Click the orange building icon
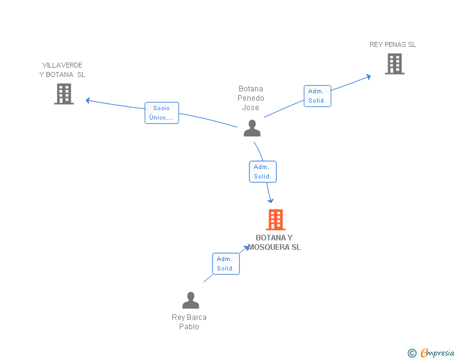[276, 220]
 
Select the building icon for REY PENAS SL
[395, 64]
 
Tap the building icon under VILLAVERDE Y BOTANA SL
[64, 94]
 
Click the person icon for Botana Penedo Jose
[252, 128]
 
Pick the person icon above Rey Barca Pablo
[191, 300]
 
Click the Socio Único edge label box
[162, 113]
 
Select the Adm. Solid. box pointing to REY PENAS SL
[318, 96]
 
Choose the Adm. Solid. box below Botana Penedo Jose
[263, 172]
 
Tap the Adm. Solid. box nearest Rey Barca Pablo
[226, 264]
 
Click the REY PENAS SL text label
[393, 44]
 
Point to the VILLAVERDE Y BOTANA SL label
[62, 69]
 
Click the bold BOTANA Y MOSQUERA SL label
[274, 242]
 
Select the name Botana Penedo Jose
[251, 98]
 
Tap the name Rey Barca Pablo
[189, 322]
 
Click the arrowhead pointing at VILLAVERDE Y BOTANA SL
[88, 100]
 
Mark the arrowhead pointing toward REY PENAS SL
[368, 77]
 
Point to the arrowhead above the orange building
[271, 200]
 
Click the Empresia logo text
[437, 352]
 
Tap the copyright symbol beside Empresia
[412, 353]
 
